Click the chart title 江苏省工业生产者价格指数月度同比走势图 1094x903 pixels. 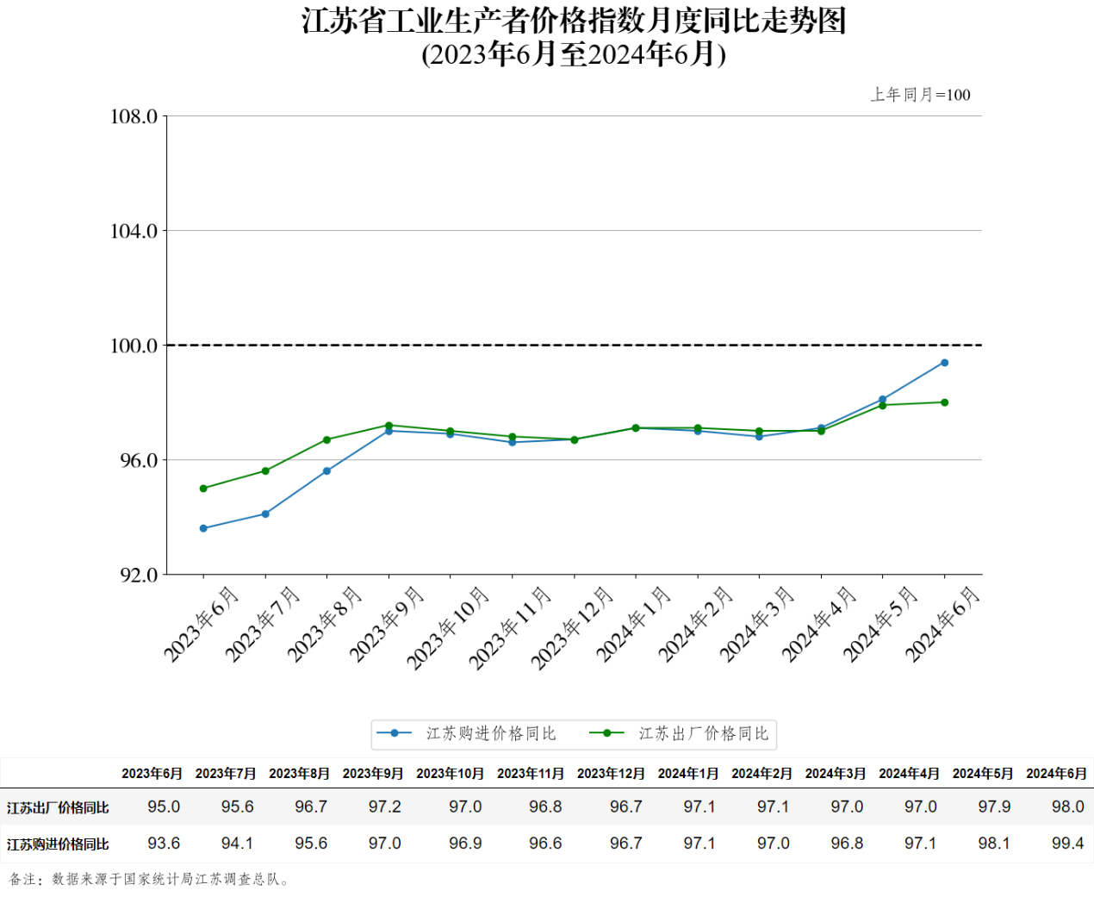point(574,21)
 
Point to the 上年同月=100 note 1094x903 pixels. point(920,95)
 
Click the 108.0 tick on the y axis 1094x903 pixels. point(134,116)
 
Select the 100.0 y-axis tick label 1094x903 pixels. point(134,346)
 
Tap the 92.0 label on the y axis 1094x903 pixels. point(138,575)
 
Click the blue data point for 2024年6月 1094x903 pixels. point(944,363)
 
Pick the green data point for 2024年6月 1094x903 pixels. point(944,402)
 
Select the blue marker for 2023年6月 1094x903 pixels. point(203,528)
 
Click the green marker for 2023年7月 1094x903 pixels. point(265,471)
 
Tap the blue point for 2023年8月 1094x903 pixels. point(326,471)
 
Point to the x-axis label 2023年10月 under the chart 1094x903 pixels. point(449,628)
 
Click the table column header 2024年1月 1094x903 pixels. point(688,774)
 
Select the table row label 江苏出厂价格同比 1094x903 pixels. point(58,807)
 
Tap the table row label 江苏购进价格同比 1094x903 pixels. point(58,844)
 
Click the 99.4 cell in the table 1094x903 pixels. point(1067,844)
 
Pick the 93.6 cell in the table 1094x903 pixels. point(164,844)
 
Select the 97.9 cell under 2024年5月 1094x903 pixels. point(994,806)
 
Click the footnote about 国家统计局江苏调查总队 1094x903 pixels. point(149,880)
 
